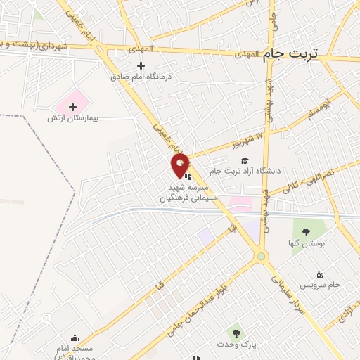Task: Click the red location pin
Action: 181,165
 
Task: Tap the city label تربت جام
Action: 291,53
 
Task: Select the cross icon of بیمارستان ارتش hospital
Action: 72,106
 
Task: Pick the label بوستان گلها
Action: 305,243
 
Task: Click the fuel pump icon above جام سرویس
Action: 320,274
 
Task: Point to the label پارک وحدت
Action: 235,345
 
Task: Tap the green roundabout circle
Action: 262,257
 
